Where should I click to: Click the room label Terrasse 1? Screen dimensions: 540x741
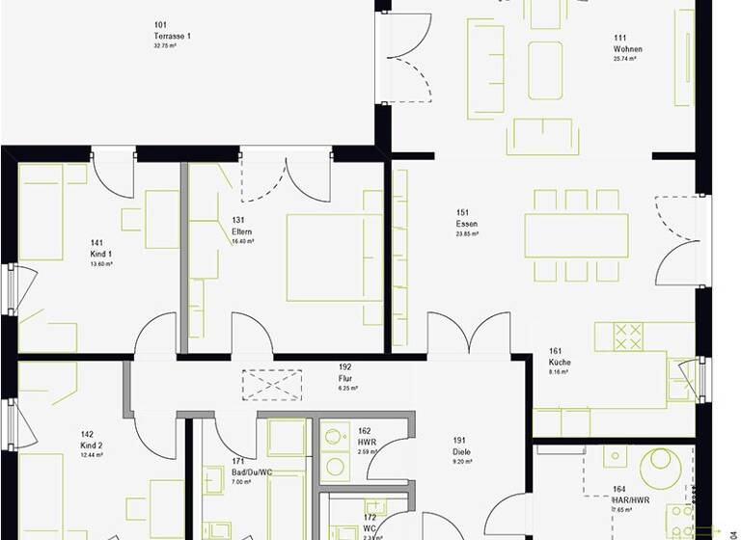click(173, 37)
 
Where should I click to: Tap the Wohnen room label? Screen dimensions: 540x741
click(627, 49)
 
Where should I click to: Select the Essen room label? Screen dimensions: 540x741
click(467, 223)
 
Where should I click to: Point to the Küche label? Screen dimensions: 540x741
click(561, 362)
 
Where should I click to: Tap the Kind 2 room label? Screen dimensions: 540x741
click(93, 445)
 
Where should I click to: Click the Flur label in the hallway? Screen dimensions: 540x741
click(345, 378)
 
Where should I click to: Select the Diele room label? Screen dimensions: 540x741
click(461, 451)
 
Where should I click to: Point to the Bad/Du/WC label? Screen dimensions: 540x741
click(252, 471)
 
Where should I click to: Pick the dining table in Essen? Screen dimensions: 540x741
click(576, 235)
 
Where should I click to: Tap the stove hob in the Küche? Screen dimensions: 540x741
click(628, 337)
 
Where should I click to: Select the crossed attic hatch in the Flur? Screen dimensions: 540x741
click(273, 386)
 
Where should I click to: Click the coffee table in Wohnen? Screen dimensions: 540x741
click(545, 69)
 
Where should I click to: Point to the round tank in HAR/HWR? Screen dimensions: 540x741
click(665, 469)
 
